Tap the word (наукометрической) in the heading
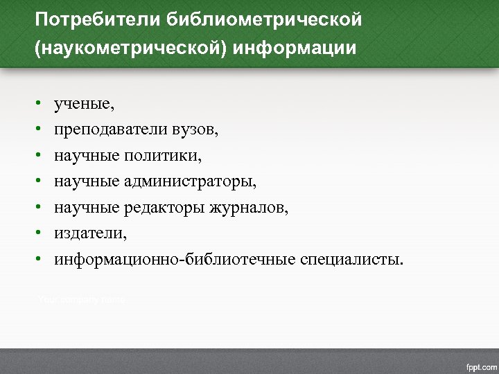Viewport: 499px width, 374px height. pos(131,50)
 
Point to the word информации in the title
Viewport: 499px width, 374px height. pos(295,50)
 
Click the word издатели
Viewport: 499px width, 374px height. pos(91,233)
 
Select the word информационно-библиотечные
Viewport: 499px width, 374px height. pos(176,260)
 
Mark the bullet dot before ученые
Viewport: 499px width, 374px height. pos(41,105)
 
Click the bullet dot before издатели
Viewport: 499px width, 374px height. pos(41,234)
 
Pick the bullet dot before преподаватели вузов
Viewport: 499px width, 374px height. pos(41,130)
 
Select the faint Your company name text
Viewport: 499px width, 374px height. pos(80,299)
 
